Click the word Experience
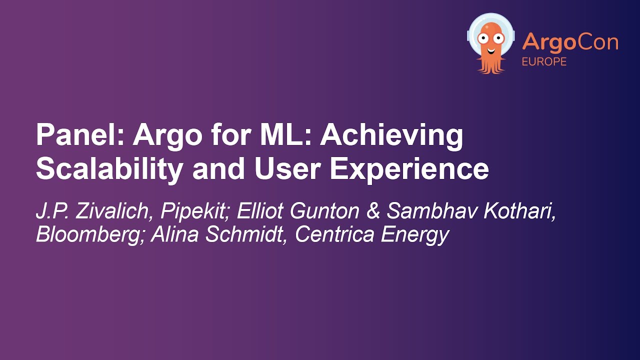click(409, 170)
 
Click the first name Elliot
click(259, 211)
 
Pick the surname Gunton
click(325, 211)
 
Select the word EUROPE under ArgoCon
click(544, 62)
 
